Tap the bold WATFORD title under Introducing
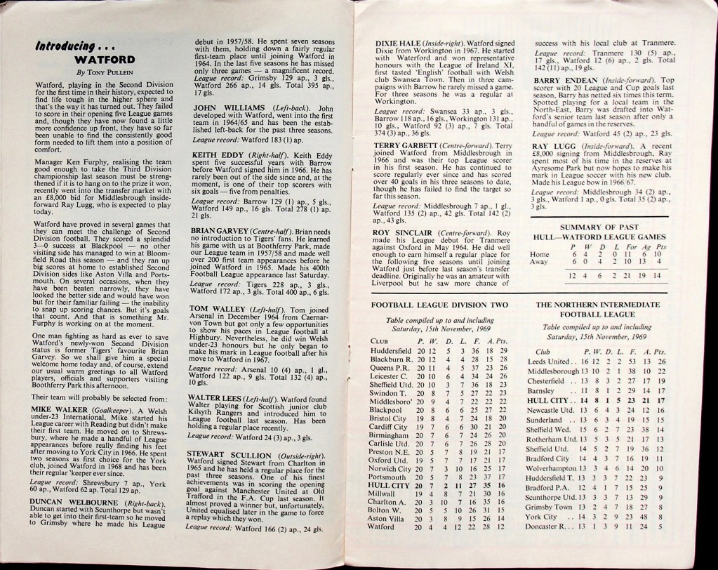click(x=102, y=60)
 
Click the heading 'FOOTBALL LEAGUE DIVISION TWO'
click(x=439, y=305)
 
